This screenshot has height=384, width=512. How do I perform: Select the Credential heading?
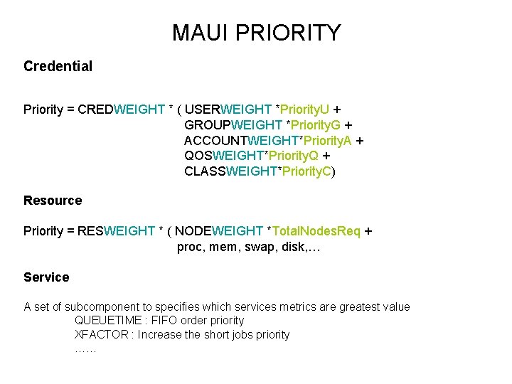coord(58,66)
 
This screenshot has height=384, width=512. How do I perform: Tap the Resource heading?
coord(53,201)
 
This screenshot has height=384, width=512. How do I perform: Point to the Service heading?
coord(46,277)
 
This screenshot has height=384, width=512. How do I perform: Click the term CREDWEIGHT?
coord(122,110)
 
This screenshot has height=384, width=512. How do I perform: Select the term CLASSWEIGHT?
coord(228,171)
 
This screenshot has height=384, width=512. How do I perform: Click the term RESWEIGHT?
coord(116,231)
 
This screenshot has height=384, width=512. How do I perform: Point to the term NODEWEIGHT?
coord(219,231)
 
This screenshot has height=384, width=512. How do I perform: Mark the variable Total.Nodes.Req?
coord(316,231)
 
